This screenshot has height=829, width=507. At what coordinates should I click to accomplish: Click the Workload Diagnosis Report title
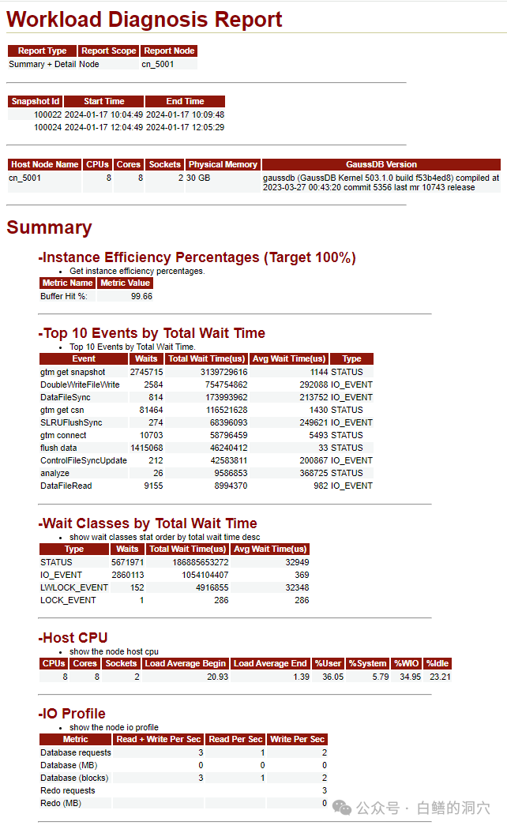[x=145, y=19]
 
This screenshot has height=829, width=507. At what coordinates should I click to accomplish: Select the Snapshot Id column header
[x=36, y=101]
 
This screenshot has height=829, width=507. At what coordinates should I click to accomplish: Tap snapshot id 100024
[x=47, y=127]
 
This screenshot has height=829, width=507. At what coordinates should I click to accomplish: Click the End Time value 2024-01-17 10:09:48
[x=185, y=114]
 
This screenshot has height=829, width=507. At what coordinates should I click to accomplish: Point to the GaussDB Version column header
[x=381, y=164]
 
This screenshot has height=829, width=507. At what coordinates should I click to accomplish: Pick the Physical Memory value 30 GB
[x=197, y=178]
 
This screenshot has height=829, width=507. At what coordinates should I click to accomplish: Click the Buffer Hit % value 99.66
[x=141, y=296]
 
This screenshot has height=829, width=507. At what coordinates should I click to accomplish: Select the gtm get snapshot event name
[x=73, y=372]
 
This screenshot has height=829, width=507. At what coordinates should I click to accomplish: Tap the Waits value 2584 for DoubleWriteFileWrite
[x=153, y=384]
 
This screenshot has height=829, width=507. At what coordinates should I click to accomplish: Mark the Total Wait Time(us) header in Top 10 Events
[x=208, y=358]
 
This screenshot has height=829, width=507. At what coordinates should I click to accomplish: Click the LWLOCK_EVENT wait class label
[x=74, y=587]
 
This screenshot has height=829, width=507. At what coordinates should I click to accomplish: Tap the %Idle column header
[x=438, y=663]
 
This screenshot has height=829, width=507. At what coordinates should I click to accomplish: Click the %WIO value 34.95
[x=408, y=677]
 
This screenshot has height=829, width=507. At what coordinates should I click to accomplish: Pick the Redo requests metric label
[x=68, y=790]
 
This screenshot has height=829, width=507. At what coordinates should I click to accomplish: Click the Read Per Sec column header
[x=235, y=739]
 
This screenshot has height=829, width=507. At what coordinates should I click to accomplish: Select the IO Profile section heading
[x=73, y=713]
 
